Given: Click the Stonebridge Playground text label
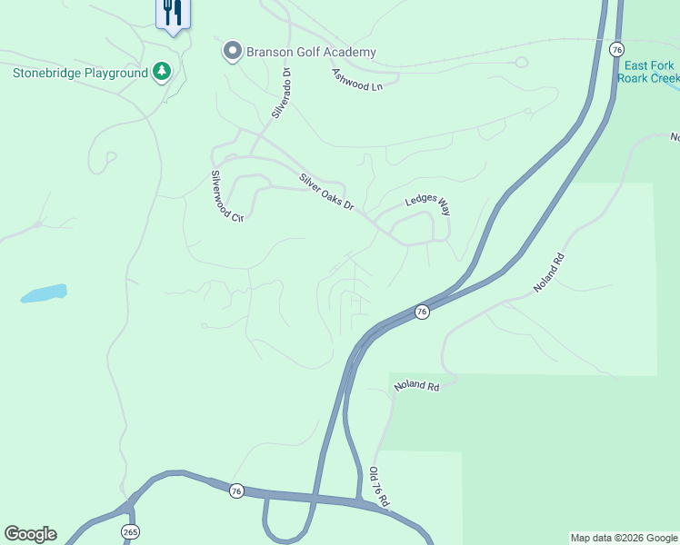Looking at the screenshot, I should [x=79, y=73].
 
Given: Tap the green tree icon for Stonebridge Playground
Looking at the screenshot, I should [x=162, y=71].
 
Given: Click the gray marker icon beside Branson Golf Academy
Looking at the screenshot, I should [x=232, y=52].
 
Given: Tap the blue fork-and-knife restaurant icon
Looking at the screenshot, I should [x=172, y=13].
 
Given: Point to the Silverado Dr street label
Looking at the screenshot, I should [x=280, y=93].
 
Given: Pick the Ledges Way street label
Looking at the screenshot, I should [x=427, y=203].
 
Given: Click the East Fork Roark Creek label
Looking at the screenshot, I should [x=647, y=72].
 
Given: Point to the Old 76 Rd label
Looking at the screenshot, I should [x=379, y=488].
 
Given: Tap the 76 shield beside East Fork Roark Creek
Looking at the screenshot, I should [x=617, y=49].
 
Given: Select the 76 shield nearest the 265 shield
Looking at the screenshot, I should [x=236, y=490].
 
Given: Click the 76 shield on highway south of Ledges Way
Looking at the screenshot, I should [x=422, y=312].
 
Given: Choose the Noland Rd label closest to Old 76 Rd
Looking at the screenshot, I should [x=416, y=386].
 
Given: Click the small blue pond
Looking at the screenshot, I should [x=44, y=293].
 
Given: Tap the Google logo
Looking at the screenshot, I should [x=30, y=534].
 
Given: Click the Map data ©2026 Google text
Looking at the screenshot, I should [x=624, y=538].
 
